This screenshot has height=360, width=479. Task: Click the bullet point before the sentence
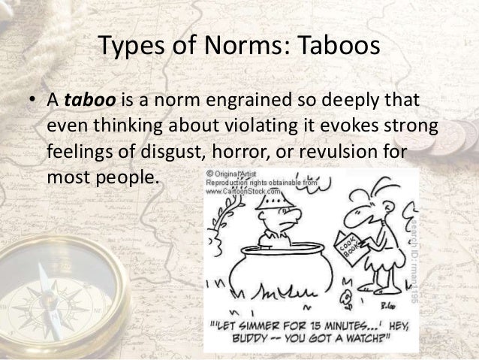click(32, 101)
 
